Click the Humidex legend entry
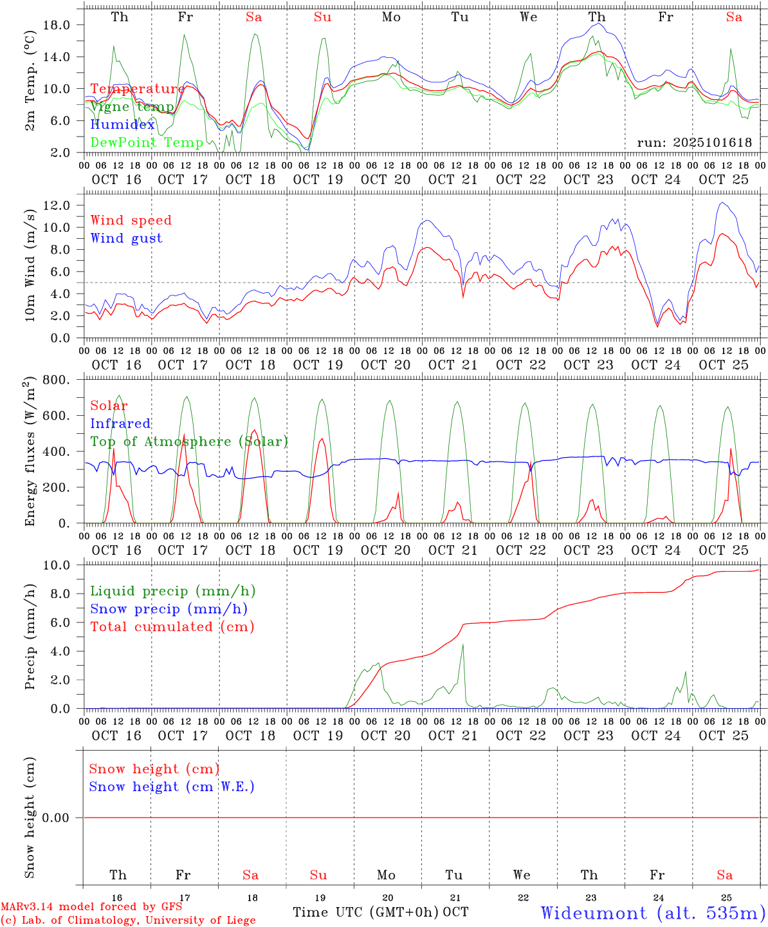tap(123, 125)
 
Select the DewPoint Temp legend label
tap(147, 142)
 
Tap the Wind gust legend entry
tap(127, 238)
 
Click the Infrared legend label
tap(121, 424)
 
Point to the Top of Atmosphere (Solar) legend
tap(189, 442)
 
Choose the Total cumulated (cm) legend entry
tap(172, 627)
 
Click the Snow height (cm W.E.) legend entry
tap(172, 787)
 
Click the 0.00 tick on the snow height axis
tap(57, 818)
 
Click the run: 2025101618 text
tap(694, 143)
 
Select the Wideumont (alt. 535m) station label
tap(653, 913)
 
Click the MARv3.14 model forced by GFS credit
tap(91, 906)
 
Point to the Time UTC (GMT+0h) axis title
tap(366, 912)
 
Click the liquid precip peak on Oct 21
tap(462, 644)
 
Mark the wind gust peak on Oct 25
tap(722, 203)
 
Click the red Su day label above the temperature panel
tap(322, 17)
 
